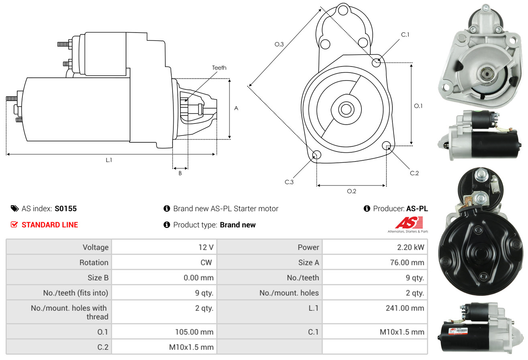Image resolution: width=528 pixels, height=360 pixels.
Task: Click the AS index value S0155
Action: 65,208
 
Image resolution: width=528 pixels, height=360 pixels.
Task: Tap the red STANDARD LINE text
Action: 50,225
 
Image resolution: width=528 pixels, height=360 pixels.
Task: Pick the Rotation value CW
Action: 206,263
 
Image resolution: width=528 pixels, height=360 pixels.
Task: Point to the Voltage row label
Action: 95,247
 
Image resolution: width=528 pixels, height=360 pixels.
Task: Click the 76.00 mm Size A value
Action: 407,263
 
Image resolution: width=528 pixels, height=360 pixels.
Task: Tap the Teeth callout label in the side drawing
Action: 219,68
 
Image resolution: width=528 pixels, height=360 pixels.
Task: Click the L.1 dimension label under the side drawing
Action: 109,160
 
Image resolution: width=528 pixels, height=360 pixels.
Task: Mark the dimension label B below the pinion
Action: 180,173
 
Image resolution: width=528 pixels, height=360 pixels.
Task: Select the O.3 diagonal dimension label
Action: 279,44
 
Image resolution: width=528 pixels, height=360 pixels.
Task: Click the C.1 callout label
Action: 405,34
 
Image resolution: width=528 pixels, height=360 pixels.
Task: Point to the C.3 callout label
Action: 289,182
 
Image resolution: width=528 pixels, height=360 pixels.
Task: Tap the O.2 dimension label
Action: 351,191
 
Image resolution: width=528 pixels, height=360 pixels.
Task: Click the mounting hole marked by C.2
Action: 386,146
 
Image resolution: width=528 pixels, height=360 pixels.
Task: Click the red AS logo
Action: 409,223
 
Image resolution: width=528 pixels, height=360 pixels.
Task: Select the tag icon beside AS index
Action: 14,208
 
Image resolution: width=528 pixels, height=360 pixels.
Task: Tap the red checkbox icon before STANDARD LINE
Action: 14,224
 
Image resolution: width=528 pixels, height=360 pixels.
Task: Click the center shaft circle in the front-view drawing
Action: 346,109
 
